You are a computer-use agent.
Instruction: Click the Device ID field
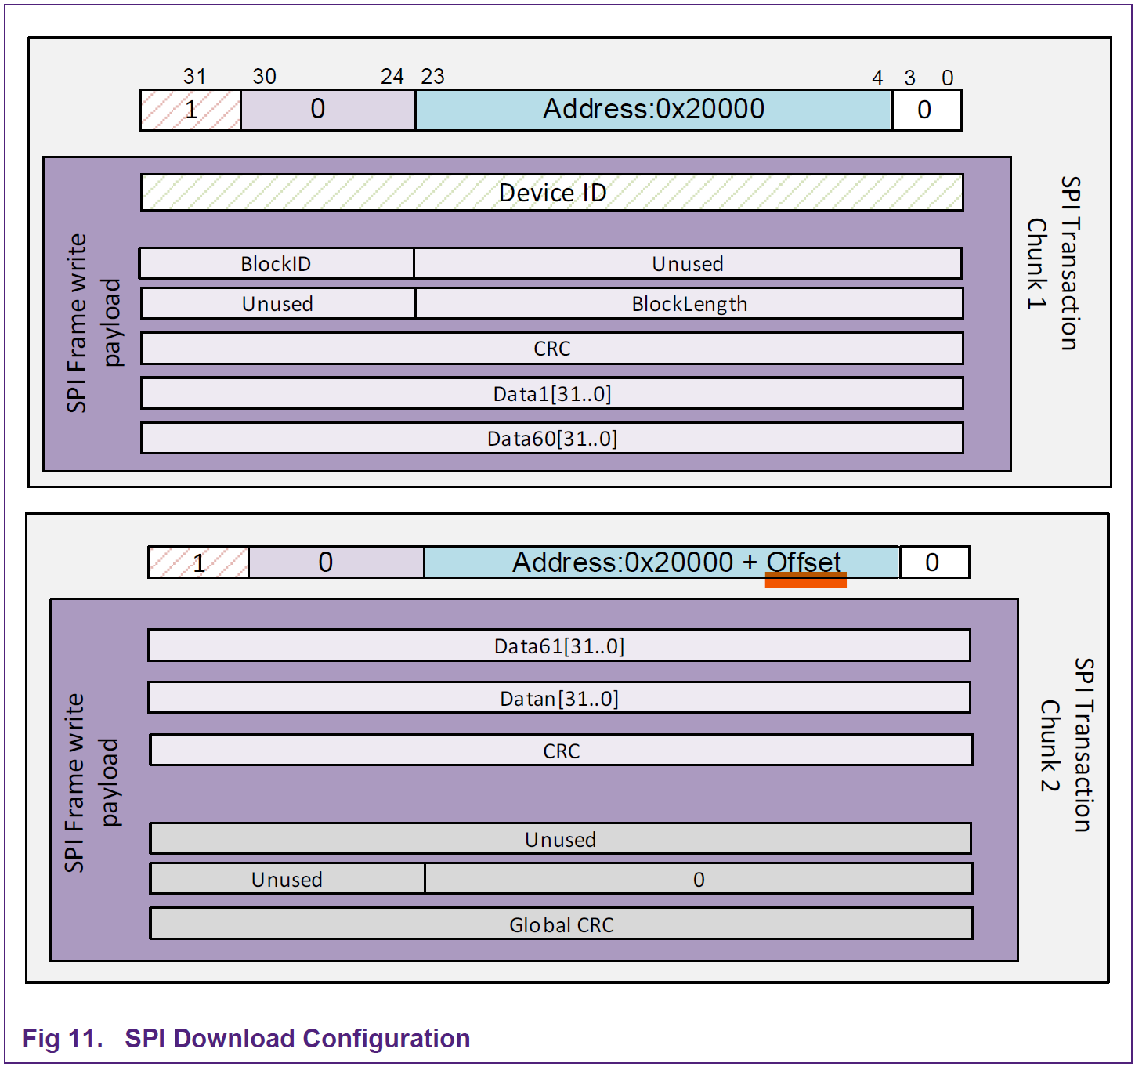pyautogui.click(x=551, y=193)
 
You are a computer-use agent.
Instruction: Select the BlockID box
pyautogui.click(x=276, y=264)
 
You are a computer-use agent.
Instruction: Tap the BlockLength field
pyautogui.click(x=689, y=304)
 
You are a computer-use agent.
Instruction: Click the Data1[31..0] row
pyautogui.click(x=551, y=393)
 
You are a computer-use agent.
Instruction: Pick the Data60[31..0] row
pyautogui.click(x=551, y=439)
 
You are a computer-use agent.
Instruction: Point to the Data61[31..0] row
pyautogui.click(x=558, y=646)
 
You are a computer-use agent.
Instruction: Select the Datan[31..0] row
pyautogui.click(x=558, y=698)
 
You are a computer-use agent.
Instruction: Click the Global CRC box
pyautogui.click(x=561, y=924)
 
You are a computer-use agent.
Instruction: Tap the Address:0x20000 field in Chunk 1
pyautogui.click(x=653, y=110)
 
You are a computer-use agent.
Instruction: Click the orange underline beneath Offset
pyautogui.click(x=805, y=580)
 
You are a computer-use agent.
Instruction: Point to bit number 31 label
pyautogui.click(x=194, y=77)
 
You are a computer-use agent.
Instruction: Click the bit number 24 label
pyautogui.click(x=392, y=77)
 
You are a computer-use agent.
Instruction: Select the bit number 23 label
pyautogui.click(x=432, y=77)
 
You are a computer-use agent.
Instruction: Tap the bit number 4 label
pyautogui.click(x=877, y=78)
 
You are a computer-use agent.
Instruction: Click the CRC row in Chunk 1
pyautogui.click(x=551, y=349)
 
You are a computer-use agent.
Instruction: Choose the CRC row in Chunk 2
pyautogui.click(x=561, y=751)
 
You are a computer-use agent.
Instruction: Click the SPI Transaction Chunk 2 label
pyautogui.click(x=1067, y=744)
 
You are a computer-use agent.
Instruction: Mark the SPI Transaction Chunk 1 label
pyautogui.click(x=1054, y=263)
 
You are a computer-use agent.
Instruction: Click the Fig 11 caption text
pyautogui.click(x=246, y=1038)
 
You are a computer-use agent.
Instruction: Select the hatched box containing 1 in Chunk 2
pyautogui.click(x=199, y=562)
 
